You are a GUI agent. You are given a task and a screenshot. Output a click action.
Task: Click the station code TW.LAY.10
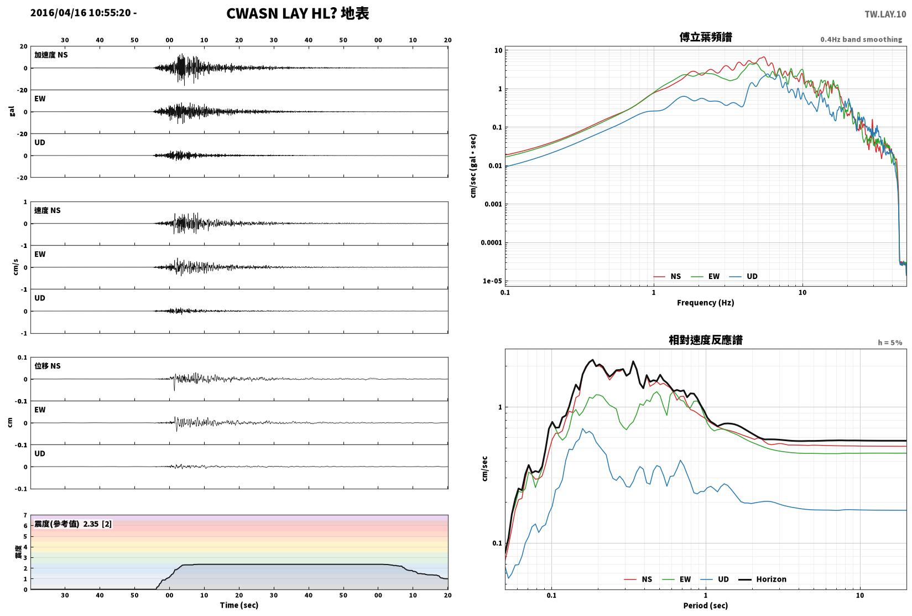click(885, 14)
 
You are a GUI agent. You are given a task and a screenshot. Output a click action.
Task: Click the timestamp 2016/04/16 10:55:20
click(81, 13)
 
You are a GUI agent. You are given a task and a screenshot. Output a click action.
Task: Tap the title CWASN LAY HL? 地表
click(298, 13)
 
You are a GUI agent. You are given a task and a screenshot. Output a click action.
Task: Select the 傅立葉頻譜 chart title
click(706, 37)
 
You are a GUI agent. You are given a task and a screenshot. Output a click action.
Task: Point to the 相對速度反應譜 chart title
click(706, 340)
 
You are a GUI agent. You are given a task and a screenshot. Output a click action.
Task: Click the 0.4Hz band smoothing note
click(861, 39)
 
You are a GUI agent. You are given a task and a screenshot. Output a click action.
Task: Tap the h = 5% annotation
click(890, 343)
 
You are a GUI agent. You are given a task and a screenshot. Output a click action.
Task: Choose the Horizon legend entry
click(762, 579)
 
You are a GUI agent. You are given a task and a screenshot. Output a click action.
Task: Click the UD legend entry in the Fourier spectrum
click(743, 276)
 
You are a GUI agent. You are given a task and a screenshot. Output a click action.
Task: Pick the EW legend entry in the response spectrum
click(676, 579)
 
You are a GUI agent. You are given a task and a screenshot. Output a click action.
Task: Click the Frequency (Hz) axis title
click(705, 303)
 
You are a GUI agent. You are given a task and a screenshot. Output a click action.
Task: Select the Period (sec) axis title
click(705, 605)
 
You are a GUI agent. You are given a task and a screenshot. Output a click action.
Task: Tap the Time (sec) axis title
click(239, 605)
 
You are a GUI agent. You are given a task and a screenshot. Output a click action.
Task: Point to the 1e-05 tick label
click(492, 281)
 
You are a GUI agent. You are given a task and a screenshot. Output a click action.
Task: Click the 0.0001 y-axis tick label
click(492, 243)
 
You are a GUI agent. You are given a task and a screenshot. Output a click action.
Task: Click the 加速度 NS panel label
click(51, 55)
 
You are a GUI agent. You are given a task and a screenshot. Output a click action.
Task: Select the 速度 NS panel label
click(47, 210)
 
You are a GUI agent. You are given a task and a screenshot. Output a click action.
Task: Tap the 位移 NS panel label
click(47, 366)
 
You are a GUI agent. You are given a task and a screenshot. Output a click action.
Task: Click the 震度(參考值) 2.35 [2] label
click(73, 524)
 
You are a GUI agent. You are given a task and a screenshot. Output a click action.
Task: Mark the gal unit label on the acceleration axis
click(12, 111)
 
